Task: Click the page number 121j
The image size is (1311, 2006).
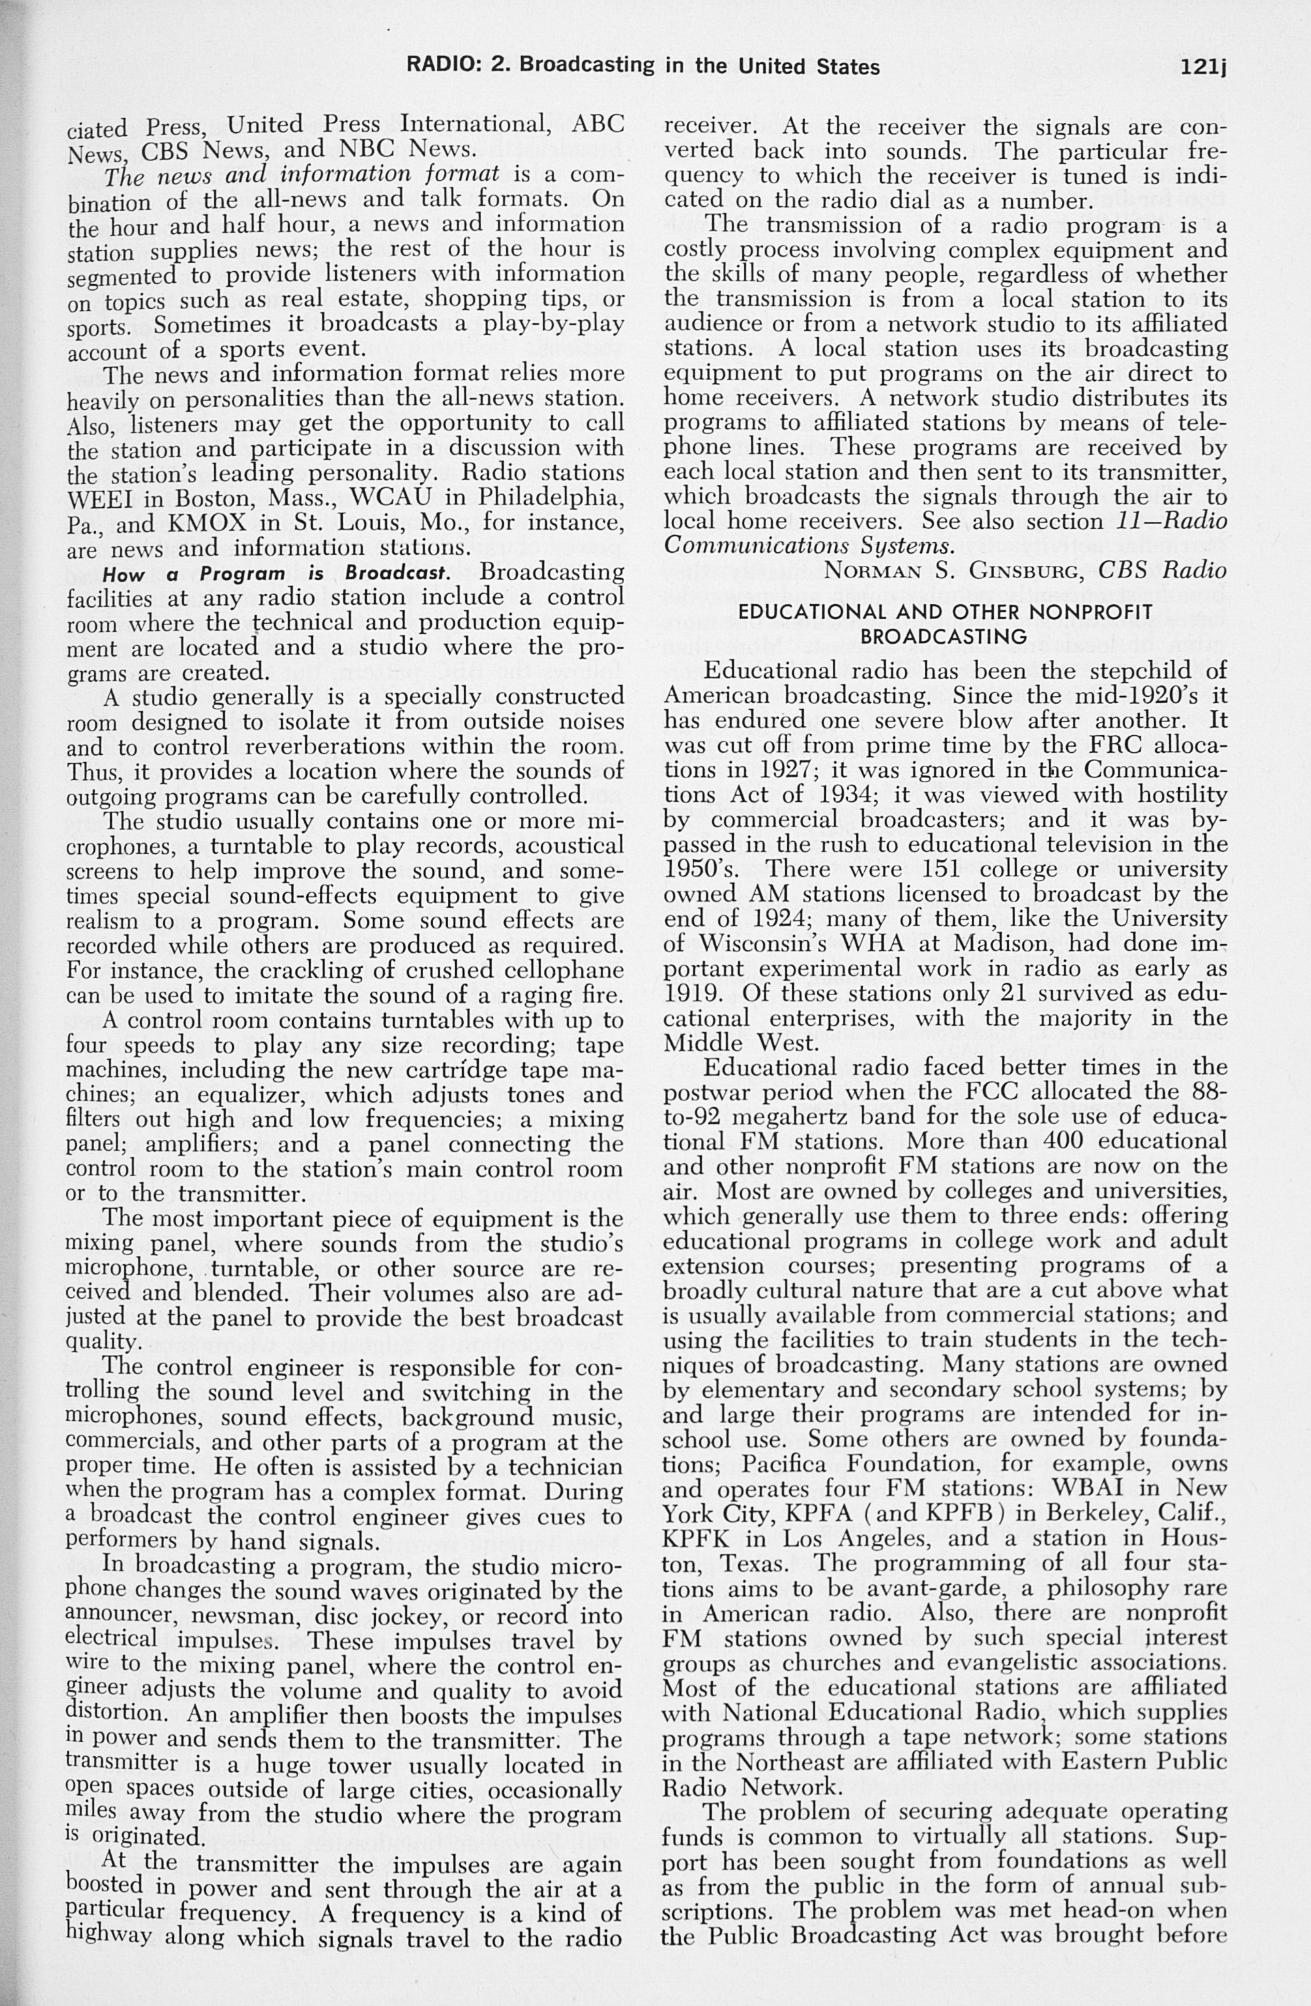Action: (1203, 67)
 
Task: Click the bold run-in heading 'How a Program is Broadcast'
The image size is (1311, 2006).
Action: (276, 574)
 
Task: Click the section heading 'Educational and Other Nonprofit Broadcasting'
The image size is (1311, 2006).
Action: (945, 625)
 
